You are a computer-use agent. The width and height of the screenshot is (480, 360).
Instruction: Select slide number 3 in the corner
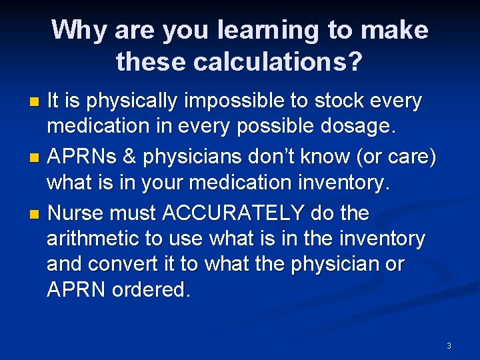[x=449, y=345]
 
